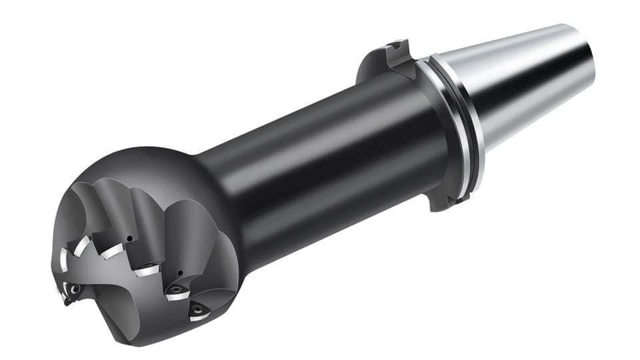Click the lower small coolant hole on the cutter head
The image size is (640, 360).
pos(181,273)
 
